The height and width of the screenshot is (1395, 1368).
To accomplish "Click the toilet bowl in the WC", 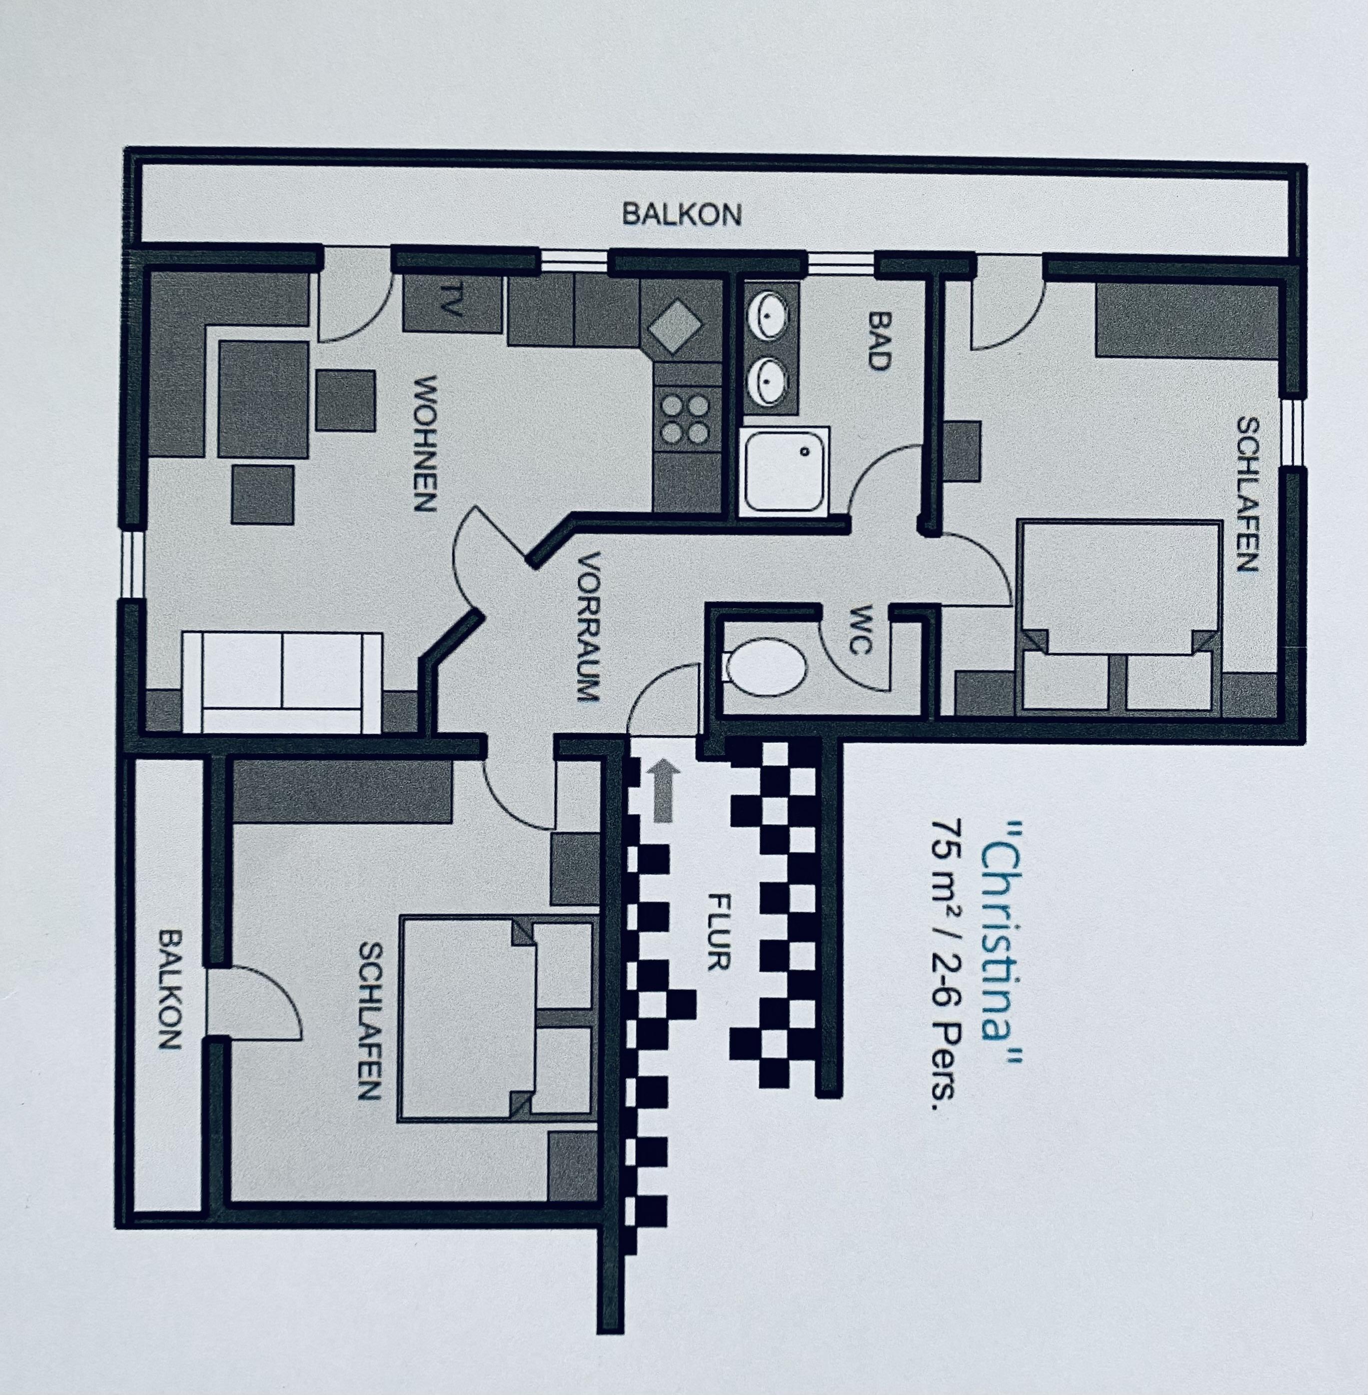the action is click(x=765, y=667).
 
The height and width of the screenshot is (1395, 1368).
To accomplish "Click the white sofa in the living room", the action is click(x=282, y=682).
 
